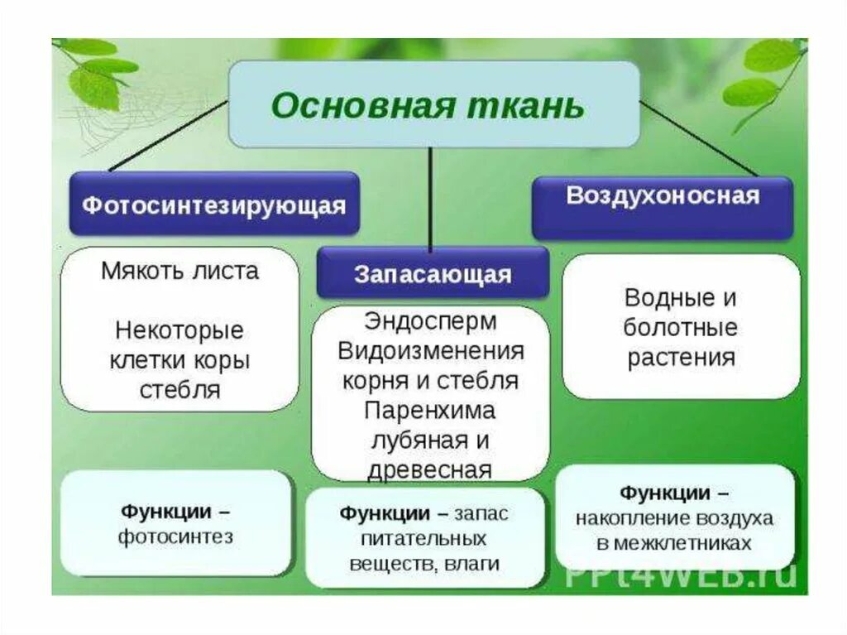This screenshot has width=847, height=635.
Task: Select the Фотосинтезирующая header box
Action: click(214, 204)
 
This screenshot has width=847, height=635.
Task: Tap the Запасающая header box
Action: click(433, 274)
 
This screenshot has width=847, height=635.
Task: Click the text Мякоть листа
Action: click(179, 271)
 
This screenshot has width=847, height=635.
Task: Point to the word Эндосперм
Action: click(430, 320)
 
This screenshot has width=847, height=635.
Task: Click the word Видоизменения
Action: click(430, 350)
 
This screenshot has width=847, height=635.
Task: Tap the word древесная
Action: click(430, 469)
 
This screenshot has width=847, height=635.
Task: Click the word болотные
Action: click(680, 327)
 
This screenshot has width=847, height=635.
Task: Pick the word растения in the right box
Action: click(680, 358)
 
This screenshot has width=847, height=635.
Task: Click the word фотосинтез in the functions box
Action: click(175, 536)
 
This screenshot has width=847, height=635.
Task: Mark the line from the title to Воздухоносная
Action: click(699, 138)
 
